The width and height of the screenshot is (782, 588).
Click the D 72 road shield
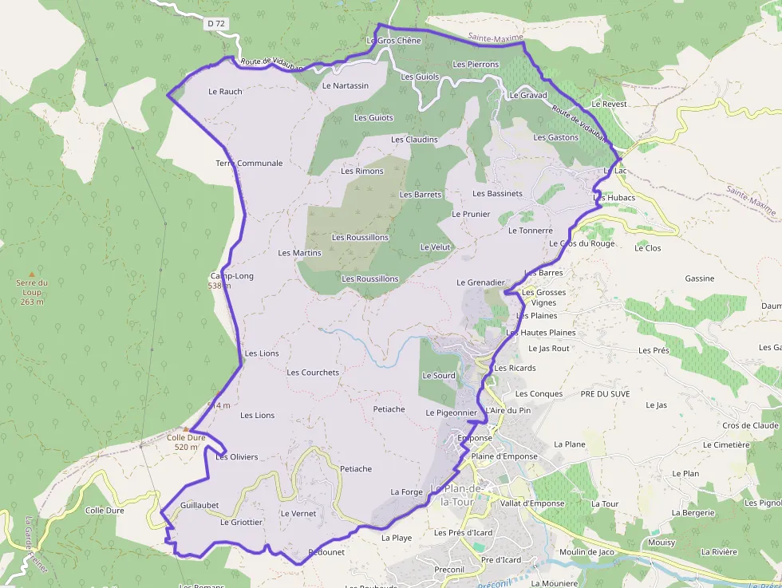click(216, 24)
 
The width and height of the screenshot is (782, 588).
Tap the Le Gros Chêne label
click(393, 40)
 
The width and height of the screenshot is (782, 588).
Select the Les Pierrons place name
click(476, 64)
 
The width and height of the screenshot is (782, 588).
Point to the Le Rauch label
click(225, 92)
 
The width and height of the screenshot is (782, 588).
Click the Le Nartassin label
click(346, 85)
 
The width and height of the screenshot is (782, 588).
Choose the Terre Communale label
click(249, 164)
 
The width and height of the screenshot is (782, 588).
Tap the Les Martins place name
click(299, 253)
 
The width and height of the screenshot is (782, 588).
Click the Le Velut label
click(435, 247)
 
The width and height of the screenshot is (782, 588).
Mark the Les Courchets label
click(313, 373)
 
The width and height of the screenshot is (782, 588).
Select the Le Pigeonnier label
click(451, 412)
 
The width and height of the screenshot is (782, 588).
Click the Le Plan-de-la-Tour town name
click(456, 495)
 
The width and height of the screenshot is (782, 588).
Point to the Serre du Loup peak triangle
click(32, 274)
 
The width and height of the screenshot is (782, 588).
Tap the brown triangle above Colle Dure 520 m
click(186, 428)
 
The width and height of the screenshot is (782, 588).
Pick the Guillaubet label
click(199, 505)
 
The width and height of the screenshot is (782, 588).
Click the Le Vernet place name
click(298, 514)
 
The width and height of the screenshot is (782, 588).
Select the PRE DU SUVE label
click(605, 394)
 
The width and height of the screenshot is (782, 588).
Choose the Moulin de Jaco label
click(586, 552)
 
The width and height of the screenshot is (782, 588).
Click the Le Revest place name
click(610, 105)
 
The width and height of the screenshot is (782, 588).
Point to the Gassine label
click(700, 278)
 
